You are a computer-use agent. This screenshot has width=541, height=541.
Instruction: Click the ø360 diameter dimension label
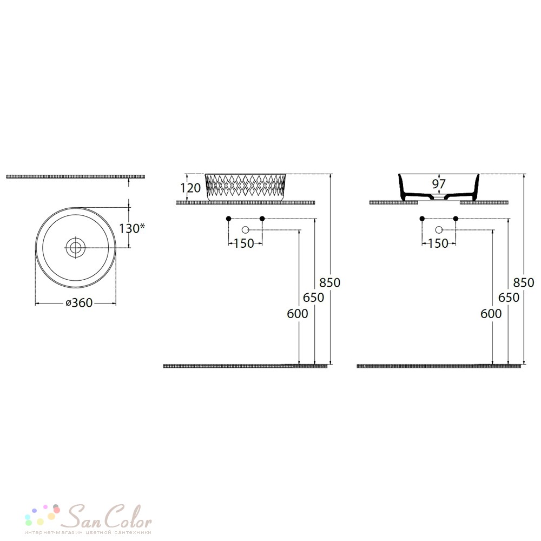coord(80,302)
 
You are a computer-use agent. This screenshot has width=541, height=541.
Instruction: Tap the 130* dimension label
coord(132,228)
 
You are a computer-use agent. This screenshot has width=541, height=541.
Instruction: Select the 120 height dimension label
coord(190,188)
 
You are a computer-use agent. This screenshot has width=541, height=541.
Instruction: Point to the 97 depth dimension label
coord(439,184)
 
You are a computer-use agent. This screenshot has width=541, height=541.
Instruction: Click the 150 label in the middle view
coord(244,243)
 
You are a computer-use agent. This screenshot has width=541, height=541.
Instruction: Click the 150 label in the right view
coord(438,243)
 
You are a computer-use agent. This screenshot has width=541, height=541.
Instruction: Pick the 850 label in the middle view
coord(330,282)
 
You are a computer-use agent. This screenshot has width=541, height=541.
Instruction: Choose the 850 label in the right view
coord(524,282)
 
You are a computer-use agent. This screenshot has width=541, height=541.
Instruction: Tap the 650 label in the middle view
coord(314,298)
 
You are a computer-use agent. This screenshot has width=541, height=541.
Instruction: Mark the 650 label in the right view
coord(509,298)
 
